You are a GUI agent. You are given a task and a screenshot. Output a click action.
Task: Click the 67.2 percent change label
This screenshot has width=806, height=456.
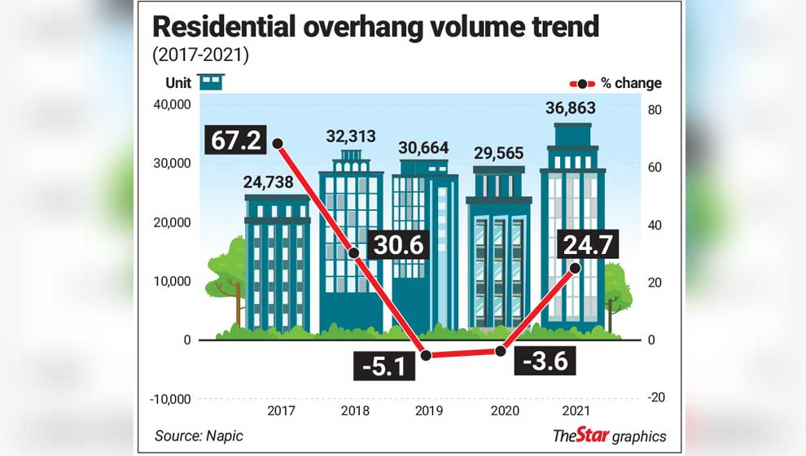coord(236,139)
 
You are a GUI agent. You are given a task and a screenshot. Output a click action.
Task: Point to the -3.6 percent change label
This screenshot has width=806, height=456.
coord(545,359)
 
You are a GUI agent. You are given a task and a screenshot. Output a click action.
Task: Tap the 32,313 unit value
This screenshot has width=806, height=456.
coord(350,136)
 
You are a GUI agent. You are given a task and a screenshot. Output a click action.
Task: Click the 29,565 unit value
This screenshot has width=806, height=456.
coord(498,152)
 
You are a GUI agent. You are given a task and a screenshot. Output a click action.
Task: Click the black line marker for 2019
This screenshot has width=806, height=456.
coord(425,355)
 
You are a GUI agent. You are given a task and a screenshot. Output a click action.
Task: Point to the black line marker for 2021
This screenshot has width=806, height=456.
coord(575,267)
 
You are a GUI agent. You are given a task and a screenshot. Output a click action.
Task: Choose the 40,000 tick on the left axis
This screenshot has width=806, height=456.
coord(171,104)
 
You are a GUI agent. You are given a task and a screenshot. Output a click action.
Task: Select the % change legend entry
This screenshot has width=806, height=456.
coord(616,83)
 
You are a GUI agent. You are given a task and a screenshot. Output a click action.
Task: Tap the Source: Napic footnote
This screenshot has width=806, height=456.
coord(199,436)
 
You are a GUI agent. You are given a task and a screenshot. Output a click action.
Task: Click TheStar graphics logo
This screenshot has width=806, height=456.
coord(609,436)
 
